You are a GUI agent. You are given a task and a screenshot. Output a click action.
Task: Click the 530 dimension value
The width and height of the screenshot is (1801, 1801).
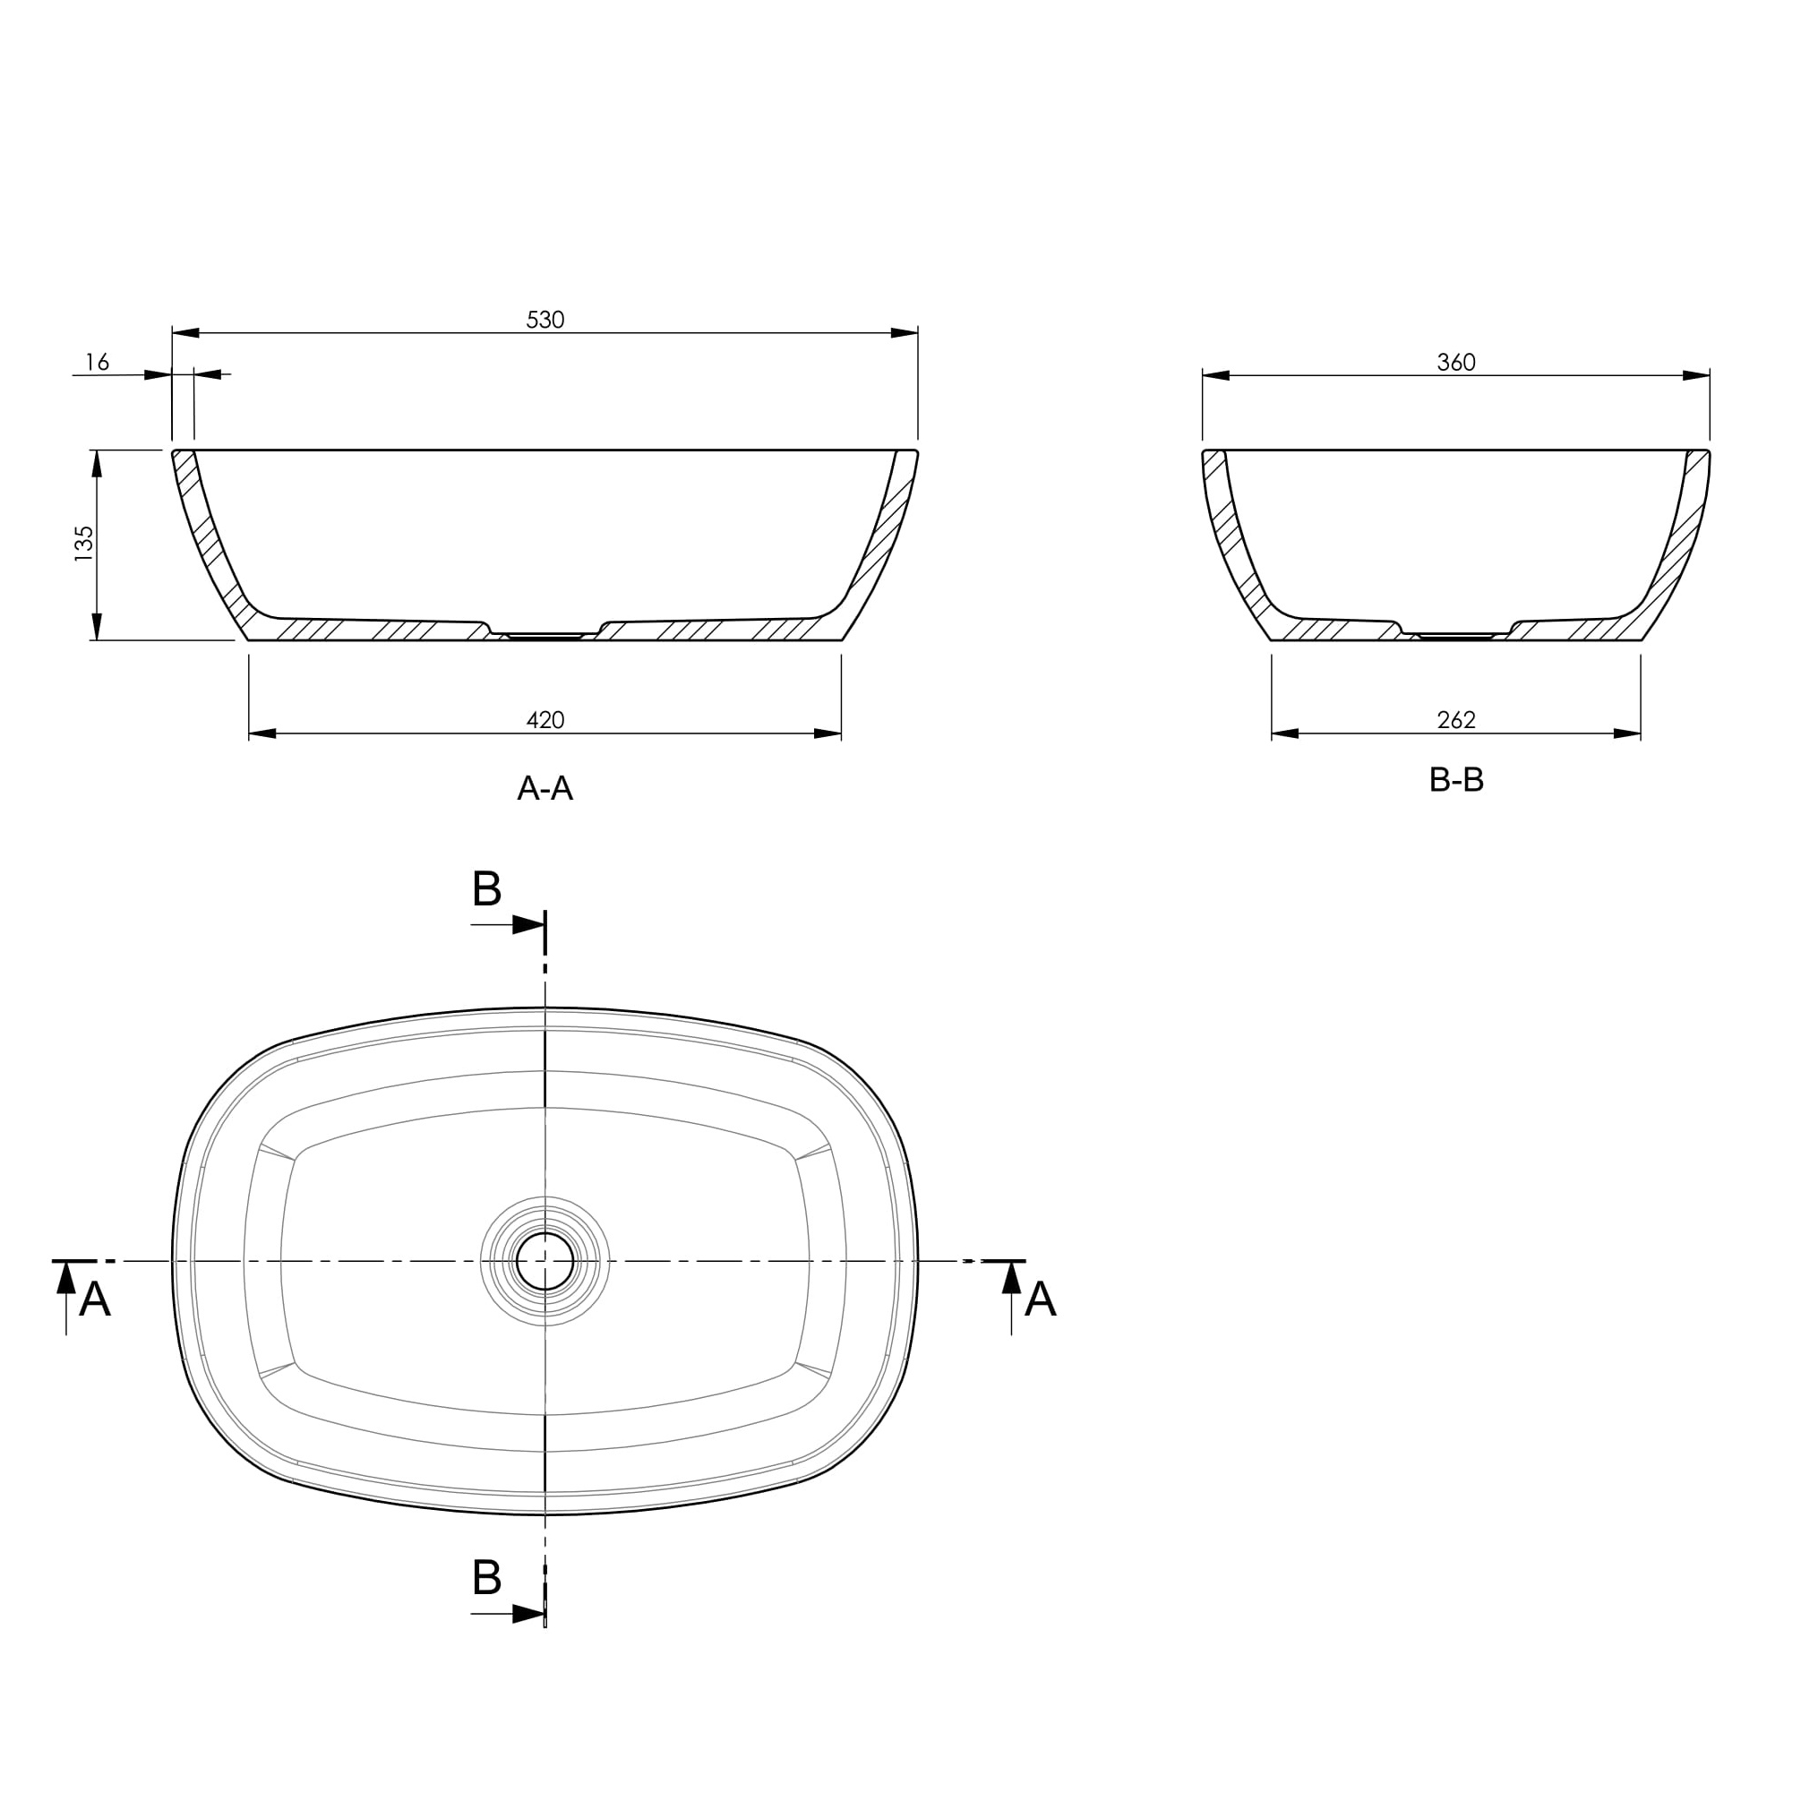coord(545,320)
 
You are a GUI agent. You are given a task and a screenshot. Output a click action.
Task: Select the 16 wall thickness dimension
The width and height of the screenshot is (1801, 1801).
coord(98,362)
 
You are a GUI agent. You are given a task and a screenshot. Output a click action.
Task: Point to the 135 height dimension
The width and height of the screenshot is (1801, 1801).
coord(84,544)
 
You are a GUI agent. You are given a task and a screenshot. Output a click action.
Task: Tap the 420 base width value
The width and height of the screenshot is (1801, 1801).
coord(545,720)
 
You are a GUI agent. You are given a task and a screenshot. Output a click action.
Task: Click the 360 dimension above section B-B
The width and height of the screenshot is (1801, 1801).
coord(1456,363)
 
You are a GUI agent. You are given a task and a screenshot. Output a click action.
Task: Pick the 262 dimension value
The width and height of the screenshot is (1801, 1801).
coord(1456,720)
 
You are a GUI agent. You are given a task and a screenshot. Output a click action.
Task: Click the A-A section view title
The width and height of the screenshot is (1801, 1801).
coord(545,789)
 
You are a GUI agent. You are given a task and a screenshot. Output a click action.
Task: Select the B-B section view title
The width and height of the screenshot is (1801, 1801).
coord(1456,779)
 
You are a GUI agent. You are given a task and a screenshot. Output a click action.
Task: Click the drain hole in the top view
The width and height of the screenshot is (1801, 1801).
coord(545,1261)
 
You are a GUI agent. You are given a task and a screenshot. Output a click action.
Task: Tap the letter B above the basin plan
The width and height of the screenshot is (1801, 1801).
coord(486,888)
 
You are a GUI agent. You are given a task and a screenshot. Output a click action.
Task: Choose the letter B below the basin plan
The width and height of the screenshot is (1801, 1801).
coord(486,1577)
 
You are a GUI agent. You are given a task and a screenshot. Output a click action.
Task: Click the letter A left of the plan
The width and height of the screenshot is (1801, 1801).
coord(94,1299)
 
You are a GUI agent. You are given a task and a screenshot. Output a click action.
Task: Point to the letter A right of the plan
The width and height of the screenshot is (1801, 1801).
coord(1041,1299)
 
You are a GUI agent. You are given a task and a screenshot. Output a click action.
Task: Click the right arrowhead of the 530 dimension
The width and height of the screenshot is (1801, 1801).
coord(905,333)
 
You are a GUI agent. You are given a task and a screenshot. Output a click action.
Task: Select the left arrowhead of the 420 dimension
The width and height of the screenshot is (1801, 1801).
coord(263,733)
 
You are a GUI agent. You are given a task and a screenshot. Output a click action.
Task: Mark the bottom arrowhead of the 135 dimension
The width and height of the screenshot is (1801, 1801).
coord(97,626)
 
